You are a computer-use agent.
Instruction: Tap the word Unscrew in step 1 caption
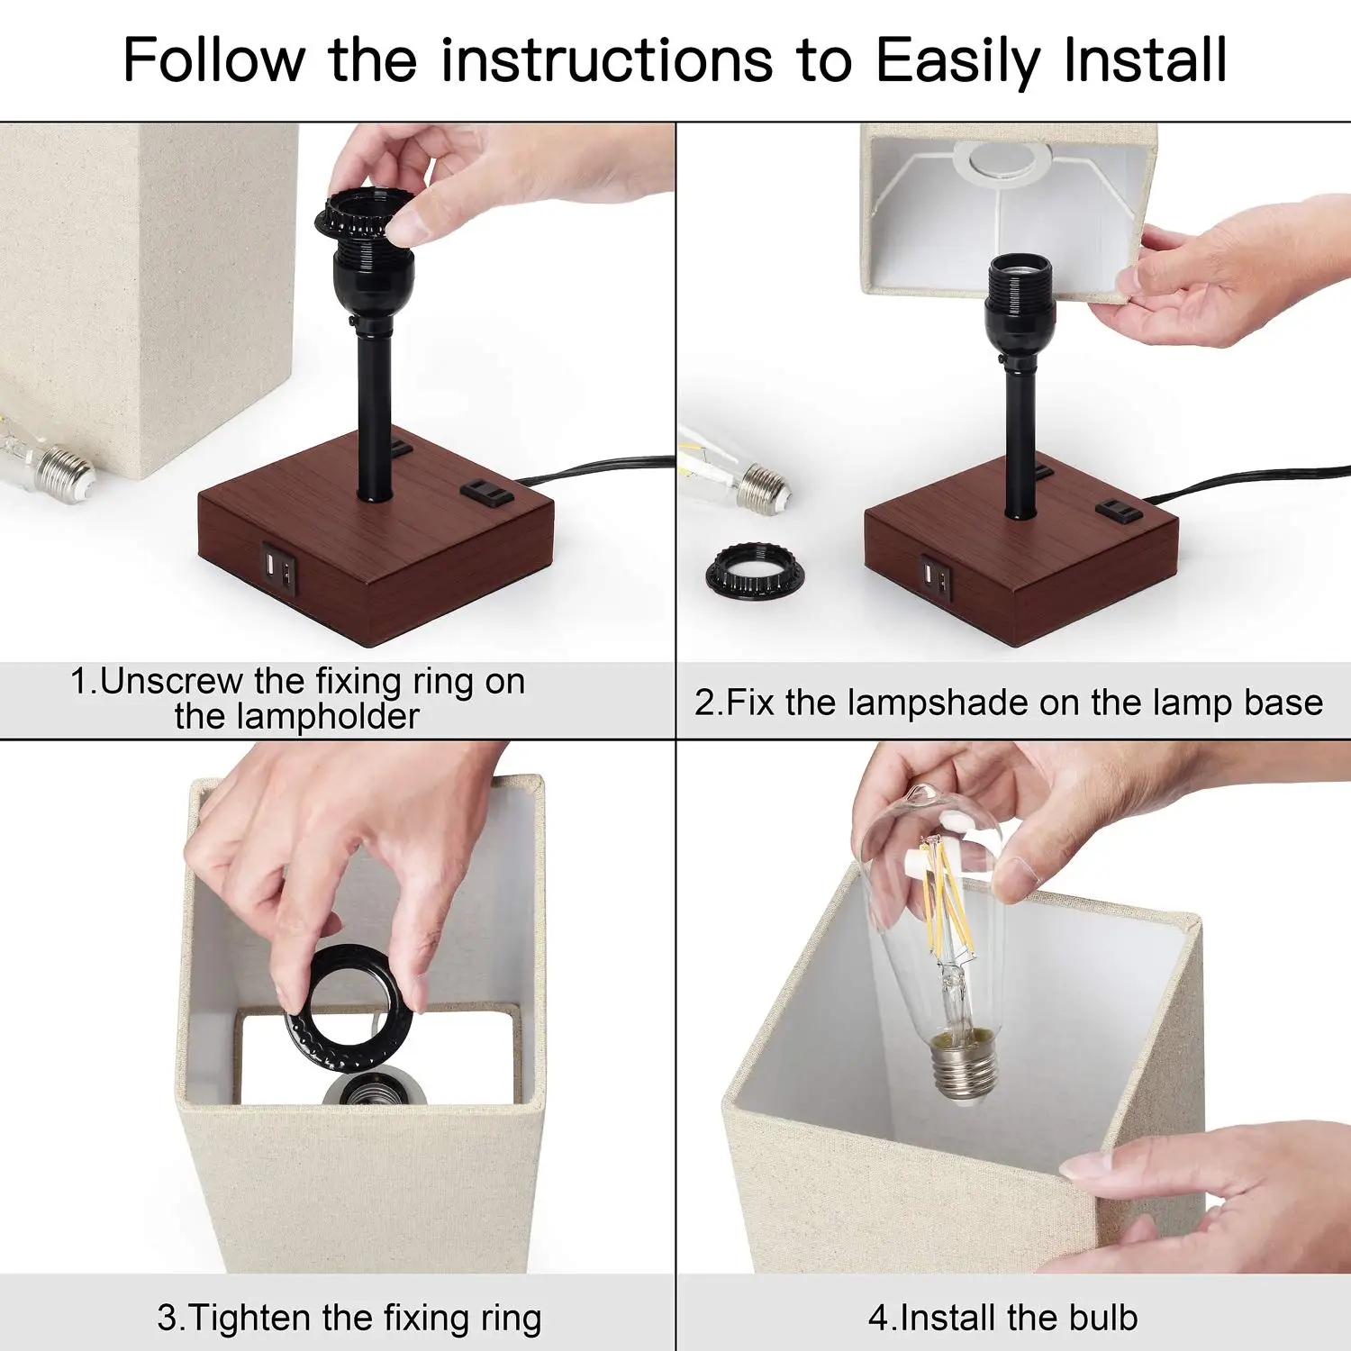pyautogui.click(x=171, y=681)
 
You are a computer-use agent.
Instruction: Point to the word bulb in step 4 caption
pyautogui.click(x=1103, y=1317)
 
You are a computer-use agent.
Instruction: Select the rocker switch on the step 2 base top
pyautogui.click(x=1120, y=511)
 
